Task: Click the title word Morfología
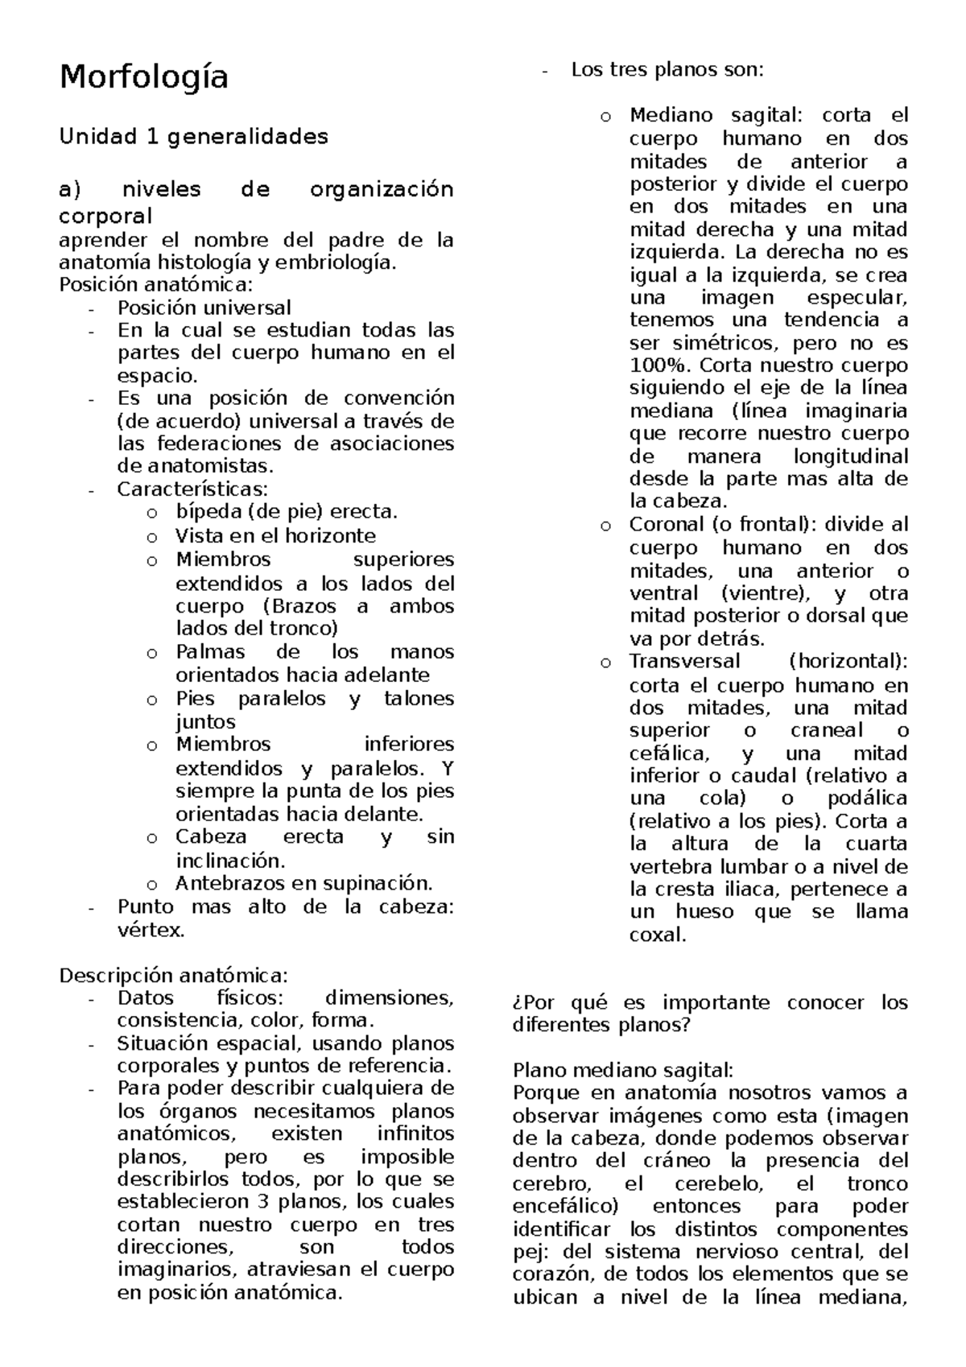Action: tap(143, 77)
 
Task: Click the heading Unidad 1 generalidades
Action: tap(193, 136)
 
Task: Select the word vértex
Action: tap(151, 931)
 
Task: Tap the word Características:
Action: tap(192, 489)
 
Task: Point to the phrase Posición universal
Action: tap(204, 308)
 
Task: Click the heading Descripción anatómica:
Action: tap(173, 976)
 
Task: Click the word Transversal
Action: tap(684, 662)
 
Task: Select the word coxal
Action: tap(657, 935)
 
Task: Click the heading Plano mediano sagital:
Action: tap(622, 1071)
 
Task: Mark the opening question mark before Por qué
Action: tap(517, 1003)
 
